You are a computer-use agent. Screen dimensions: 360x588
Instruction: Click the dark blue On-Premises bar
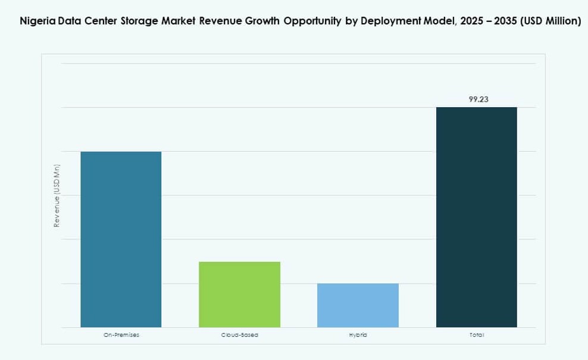121,239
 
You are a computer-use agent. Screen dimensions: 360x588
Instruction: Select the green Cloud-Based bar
239,294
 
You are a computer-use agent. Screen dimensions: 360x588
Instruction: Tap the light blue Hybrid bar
358,305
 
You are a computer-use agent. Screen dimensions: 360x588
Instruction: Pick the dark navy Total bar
476,217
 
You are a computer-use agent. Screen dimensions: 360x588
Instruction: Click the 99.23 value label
478,99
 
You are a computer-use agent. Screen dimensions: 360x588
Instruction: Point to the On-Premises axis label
121,335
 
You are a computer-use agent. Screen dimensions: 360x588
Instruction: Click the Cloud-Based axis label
239,335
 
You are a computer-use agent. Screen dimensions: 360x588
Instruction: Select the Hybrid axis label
358,335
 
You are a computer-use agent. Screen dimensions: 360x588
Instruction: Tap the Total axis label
476,335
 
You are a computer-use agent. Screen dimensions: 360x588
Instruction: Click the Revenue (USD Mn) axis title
57,195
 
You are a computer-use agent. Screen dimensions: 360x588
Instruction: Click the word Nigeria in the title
36,21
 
